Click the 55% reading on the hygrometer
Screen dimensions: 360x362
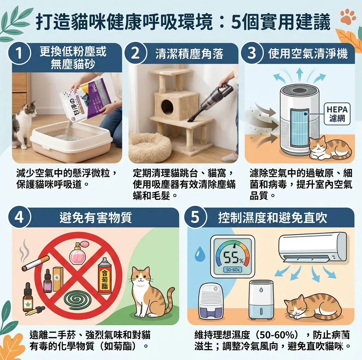click(232, 259)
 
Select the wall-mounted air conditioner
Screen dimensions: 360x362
click(312, 246)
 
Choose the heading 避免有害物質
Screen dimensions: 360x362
click(96, 218)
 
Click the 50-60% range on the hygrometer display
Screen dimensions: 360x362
click(232, 270)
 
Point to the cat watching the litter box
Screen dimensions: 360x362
click(24, 123)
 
